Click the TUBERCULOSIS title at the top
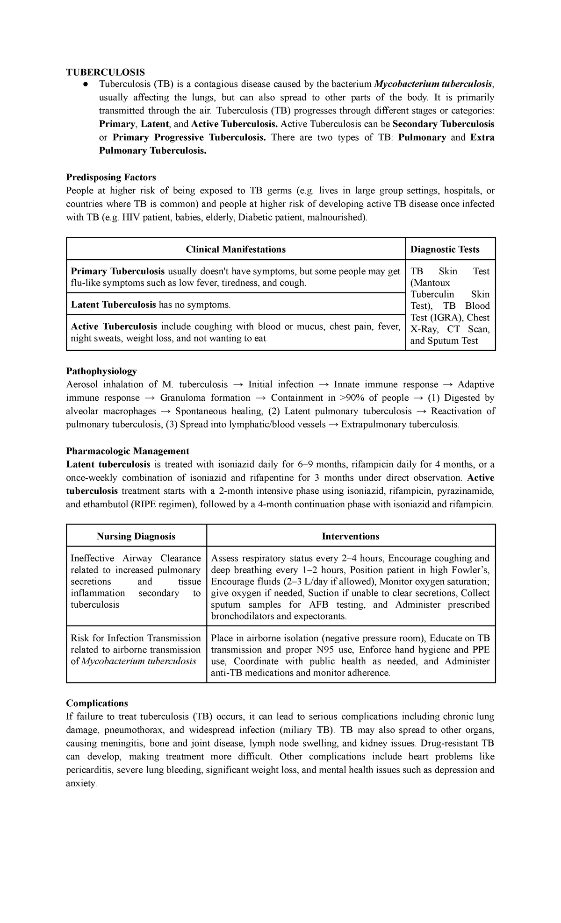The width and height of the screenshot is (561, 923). tap(105, 71)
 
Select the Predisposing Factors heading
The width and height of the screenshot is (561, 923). tap(111, 177)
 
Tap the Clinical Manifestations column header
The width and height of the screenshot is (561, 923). tap(236, 249)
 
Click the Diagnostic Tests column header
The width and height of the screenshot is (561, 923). tap(445, 249)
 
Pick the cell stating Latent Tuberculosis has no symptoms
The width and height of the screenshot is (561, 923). tap(151, 305)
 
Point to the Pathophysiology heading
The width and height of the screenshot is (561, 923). tap(101, 371)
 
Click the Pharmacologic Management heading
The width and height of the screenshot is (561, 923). tap(127, 451)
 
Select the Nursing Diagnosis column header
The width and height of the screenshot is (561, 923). tap(136, 536)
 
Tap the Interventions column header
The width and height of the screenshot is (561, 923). tap(350, 536)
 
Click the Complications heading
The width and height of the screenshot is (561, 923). tap(97, 703)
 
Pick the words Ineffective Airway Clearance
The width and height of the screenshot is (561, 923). tap(136, 558)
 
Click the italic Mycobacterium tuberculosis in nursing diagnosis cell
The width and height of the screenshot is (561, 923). tap(138, 661)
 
